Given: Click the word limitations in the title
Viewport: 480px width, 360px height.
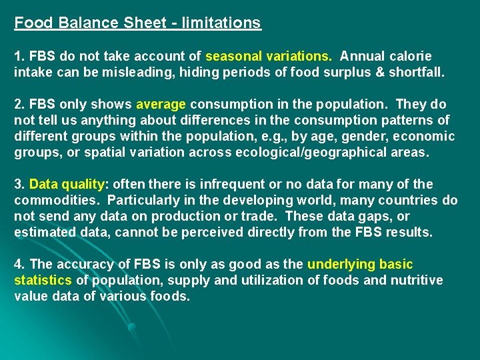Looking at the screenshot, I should (x=220, y=23).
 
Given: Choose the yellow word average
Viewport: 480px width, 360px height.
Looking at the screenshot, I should (x=161, y=104).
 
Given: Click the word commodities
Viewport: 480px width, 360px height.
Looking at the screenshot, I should (x=55, y=200).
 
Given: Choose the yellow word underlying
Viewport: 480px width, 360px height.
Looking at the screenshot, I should (x=339, y=264).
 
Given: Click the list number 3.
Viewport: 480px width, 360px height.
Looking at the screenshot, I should (x=19, y=184).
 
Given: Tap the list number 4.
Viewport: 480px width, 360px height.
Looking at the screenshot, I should (x=19, y=264).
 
